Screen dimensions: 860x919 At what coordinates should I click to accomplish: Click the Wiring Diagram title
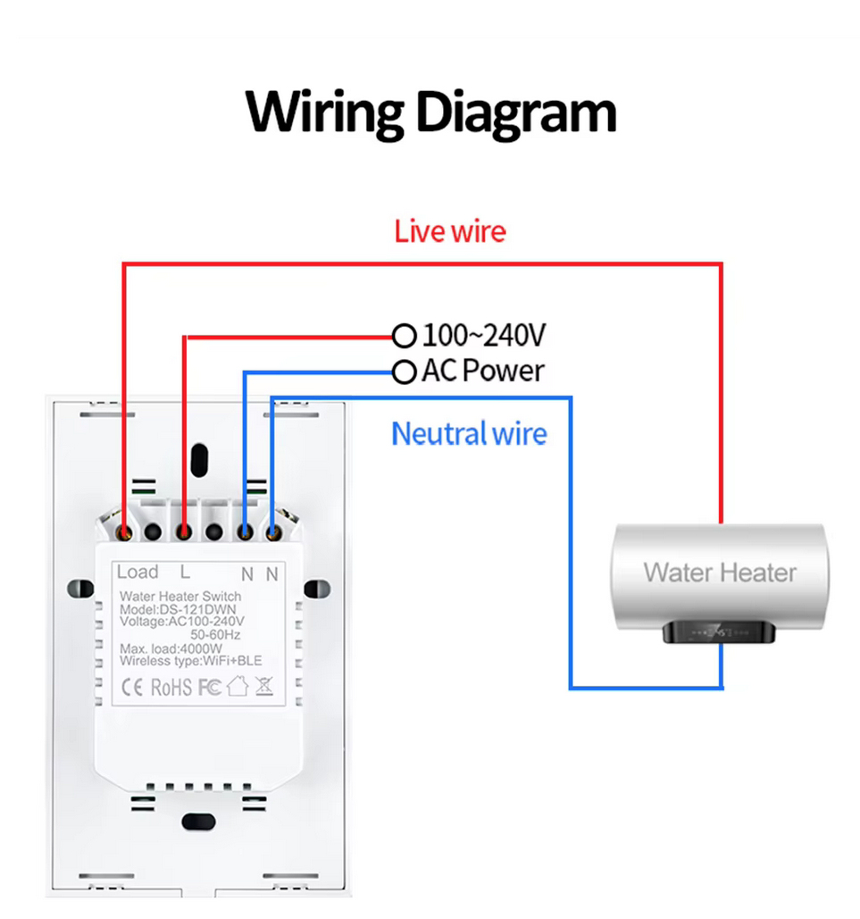tap(430, 113)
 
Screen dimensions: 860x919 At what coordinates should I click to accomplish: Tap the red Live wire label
tap(449, 231)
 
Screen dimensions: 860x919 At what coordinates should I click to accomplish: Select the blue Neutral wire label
tap(469, 434)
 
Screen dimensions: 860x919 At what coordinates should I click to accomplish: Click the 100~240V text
tap(484, 335)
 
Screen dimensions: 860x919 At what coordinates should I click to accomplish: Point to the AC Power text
tap(483, 371)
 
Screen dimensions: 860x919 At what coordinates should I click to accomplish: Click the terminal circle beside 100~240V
tap(404, 337)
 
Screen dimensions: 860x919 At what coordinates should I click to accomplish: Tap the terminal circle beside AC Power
tap(404, 372)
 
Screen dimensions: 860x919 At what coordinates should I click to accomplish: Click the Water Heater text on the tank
tap(720, 572)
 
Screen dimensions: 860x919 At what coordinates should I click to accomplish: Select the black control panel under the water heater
tap(719, 632)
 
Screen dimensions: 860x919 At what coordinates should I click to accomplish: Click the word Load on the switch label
tap(138, 572)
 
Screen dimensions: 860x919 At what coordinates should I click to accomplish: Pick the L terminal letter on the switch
tap(185, 572)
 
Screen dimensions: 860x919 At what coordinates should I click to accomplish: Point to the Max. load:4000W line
tap(171, 648)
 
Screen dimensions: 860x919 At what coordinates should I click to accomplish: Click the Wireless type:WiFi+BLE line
tap(190, 661)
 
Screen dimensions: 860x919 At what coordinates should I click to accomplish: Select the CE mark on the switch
tap(132, 687)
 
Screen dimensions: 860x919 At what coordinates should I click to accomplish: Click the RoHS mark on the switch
tap(171, 688)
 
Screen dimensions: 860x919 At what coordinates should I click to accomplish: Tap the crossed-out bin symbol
tap(264, 686)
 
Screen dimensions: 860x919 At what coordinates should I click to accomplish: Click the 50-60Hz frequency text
tap(215, 635)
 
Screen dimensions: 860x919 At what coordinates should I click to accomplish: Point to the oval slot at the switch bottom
tap(199, 822)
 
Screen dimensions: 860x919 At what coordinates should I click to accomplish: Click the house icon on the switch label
tap(238, 686)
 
